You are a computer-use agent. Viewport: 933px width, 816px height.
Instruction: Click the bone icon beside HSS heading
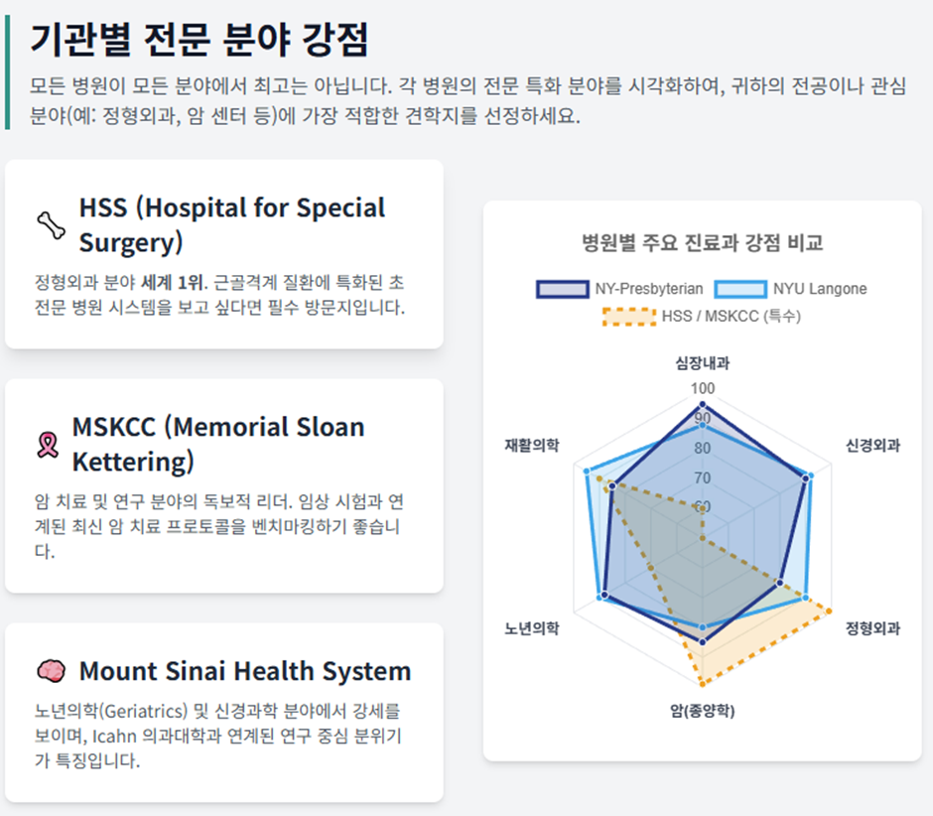52,225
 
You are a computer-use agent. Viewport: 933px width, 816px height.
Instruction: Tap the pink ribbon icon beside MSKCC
48,445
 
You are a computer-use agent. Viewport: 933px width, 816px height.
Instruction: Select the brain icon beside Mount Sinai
52,671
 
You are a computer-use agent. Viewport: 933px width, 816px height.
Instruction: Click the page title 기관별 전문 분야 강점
200,40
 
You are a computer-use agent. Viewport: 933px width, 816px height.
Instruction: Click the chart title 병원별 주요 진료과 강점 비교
702,243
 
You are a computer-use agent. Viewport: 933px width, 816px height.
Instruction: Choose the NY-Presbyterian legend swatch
563,289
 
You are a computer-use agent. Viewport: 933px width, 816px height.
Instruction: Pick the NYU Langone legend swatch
740,289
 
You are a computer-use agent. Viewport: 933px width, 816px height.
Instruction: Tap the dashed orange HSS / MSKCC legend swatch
629,317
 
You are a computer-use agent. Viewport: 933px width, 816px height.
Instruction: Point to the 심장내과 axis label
702,363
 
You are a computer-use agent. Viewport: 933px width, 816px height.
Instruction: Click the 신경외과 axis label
872,445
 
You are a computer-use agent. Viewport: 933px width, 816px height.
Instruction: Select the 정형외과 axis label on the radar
872,628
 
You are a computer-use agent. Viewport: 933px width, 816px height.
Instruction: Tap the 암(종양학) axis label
702,711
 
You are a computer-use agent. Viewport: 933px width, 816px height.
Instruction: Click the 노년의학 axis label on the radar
532,628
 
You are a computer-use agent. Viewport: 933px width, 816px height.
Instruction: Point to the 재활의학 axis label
532,445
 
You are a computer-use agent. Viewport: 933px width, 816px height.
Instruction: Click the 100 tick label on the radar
702,389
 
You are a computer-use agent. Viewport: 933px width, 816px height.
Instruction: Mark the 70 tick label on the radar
702,477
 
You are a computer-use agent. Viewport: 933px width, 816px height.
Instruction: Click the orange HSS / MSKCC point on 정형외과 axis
828,612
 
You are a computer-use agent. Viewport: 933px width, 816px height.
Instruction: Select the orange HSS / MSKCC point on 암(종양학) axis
702,684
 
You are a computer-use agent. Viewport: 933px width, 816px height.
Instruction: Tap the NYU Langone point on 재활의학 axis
587,472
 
